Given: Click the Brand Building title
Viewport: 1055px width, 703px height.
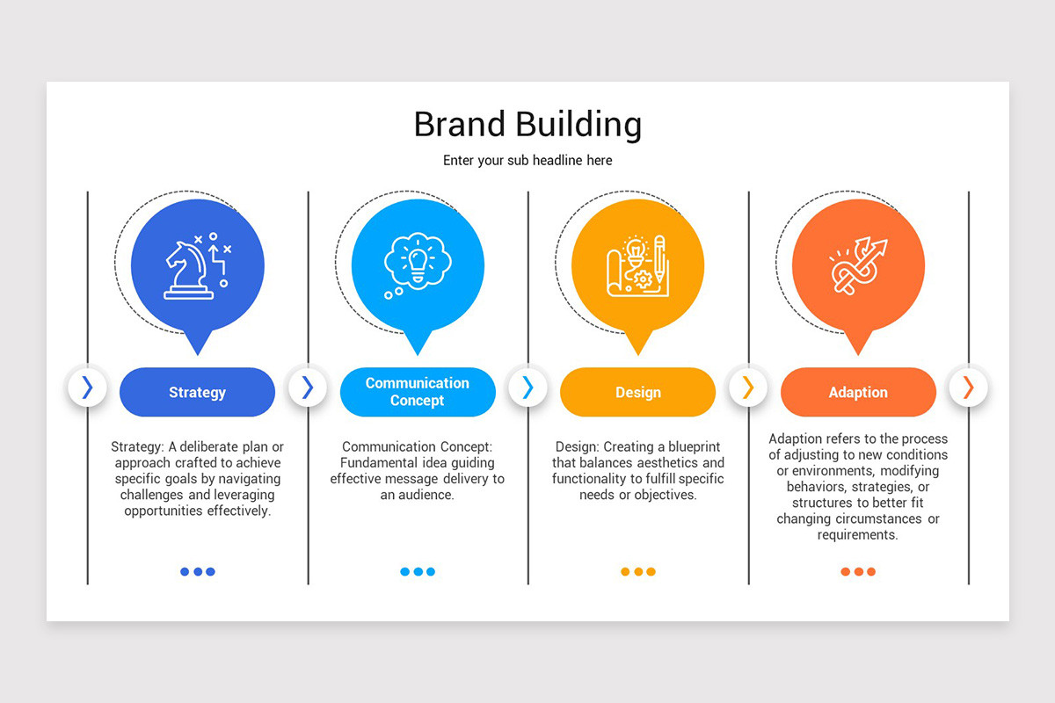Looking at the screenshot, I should pyautogui.click(x=527, y=125).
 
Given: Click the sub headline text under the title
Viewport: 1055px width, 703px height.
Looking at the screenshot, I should pyautogui.click(x=527, y=161).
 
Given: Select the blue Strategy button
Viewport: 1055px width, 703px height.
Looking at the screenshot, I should pyautogui.click(x=197, y=393).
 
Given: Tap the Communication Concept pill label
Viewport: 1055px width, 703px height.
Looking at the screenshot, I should pyautogui.click(x=418, y=392).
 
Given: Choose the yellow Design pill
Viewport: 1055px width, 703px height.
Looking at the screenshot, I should pyautogui.click(x=637, y=393).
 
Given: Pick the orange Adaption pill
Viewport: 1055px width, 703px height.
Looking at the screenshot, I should pyautogui.click(x=858, y=393).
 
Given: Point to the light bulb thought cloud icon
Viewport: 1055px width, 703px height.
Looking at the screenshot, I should pyautogui.click(x=417, y=262).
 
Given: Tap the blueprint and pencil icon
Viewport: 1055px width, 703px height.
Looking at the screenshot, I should pyautogui.click(x=637, y=265).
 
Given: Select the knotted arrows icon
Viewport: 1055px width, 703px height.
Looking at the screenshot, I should pyautogui.click(x=858, y=265).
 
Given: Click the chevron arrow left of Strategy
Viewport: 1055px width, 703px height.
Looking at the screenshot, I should pyautogui.click(x=87, y=388).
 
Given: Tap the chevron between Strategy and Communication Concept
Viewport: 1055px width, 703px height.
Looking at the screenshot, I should pyautogui.click(x=307, y=388).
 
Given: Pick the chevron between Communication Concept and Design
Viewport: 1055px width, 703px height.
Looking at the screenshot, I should pyautogui.click(x=527, y=388).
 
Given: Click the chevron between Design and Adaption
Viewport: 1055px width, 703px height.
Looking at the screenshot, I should pyautogui.click(x=748, y=388).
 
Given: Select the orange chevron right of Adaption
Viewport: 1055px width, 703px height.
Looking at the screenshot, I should pyautogui.click(x=968, y=388).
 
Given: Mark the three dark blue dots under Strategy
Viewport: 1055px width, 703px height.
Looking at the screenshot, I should pyautogui.click(x=197, y=572).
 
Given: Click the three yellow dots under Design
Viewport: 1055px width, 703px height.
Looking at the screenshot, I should pyautogui.click(x=637, y=572).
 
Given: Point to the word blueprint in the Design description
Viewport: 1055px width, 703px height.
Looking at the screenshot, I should pyautogui.click(x=691, y=447).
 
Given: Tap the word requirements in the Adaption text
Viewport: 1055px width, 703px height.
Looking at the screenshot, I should pyautogui.click(x=858, y=534).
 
